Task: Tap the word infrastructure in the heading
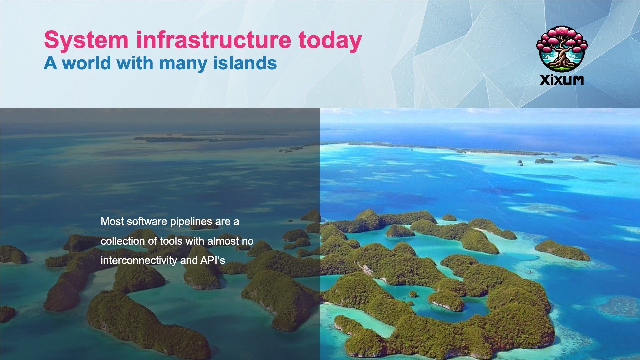[214, 40]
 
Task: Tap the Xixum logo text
[562, 80]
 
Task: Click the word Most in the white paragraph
[112, 221]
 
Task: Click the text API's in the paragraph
[213, 260]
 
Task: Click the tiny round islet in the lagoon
[413, 294]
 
